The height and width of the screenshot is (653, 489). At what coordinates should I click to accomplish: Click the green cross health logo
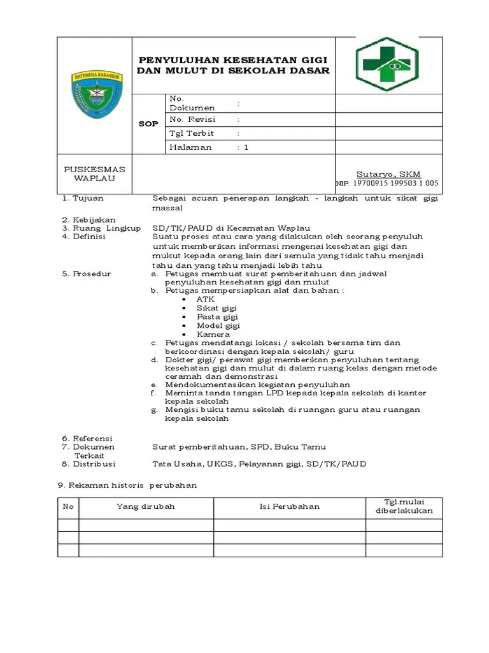[x=387, y=64]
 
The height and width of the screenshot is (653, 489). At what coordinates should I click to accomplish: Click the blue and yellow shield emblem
[x=94, y=95]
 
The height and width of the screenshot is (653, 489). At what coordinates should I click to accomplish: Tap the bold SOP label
[x=148, y=124]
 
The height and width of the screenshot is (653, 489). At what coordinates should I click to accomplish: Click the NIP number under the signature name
[x=387, y=184]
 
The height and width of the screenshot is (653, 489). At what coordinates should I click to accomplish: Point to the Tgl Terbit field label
[x=192, y=133]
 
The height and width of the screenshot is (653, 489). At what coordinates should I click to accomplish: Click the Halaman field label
[x=190, y=147]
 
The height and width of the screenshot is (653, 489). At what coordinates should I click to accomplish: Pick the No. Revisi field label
[x=192, y=119]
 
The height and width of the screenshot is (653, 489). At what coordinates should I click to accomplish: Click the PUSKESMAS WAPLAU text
[x=94, y=173]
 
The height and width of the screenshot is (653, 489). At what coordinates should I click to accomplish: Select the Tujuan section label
[x=88, y=198]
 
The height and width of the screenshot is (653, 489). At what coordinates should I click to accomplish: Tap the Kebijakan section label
[x=94, y=220]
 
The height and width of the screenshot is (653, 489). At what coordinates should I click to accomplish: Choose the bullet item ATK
[x=206, y=298]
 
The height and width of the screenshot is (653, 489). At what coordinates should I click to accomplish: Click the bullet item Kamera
[x=213, y=334]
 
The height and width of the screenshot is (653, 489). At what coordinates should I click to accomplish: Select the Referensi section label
[x=92, y=438]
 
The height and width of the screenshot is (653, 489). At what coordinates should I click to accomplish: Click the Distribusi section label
[x=94, y=464]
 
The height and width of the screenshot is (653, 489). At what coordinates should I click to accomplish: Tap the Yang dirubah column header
[x=145, y=506]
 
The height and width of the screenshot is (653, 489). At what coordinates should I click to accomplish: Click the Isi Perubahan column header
[x=289, y=506]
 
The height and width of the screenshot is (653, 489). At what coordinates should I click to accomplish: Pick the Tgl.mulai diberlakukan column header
[x=404, y=506]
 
